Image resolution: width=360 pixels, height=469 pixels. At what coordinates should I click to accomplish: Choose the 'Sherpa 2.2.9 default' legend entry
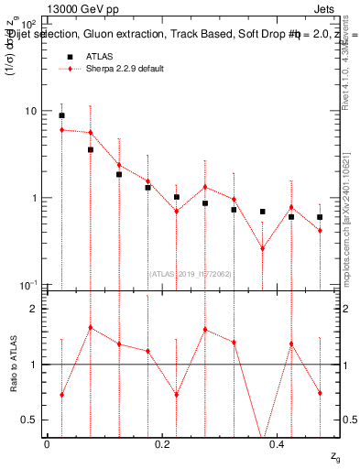(125, 70)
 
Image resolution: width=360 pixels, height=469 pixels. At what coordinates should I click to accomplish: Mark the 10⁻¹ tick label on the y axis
(28, 285)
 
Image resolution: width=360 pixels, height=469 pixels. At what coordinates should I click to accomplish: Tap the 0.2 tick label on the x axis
(162, 443)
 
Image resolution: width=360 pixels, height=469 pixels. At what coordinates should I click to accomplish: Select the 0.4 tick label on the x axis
(277, 443)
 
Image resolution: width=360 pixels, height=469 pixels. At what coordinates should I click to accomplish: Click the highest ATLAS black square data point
(61, 115)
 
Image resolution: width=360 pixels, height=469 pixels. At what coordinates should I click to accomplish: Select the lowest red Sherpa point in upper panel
(262, 248)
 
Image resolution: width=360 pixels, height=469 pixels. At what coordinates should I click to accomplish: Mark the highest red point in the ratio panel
(90, 327)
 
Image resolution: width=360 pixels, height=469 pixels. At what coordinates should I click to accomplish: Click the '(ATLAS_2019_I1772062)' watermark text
(191, 272)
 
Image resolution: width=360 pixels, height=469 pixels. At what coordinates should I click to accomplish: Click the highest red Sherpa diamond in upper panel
(61, 130)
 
